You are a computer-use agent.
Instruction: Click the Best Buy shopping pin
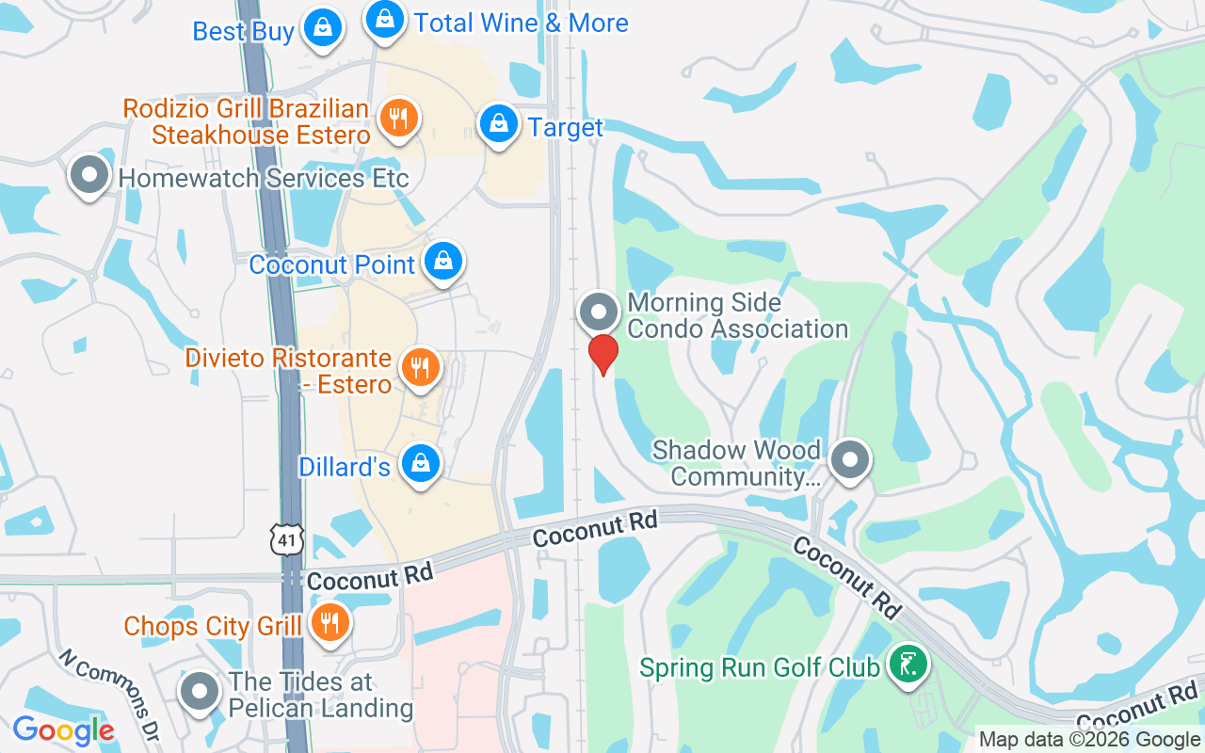(323, 27)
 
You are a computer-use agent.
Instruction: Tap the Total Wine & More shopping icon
(384, 19)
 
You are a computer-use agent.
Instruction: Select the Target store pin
(499, 123)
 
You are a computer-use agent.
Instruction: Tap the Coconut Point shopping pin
(442, 262)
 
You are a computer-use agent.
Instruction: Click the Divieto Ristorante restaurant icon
(420, 366)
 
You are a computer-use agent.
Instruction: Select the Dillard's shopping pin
(420, 463)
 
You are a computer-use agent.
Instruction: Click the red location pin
(602, 354)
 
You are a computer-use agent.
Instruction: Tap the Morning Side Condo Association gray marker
(599, 312)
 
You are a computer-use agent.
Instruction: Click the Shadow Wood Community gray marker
(851, 461)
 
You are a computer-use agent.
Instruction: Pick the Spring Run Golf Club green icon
(908, 665)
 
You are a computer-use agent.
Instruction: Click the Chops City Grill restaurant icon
(329, 623)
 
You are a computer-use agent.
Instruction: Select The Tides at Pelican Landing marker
(199, 692)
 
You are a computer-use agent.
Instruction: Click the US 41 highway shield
(286, 538)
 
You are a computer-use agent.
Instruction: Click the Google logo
(63, 730)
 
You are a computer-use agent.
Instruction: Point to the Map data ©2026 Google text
(1088, 740)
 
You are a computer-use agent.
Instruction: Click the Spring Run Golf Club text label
(760, 668)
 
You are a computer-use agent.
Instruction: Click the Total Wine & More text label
(521, 23)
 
